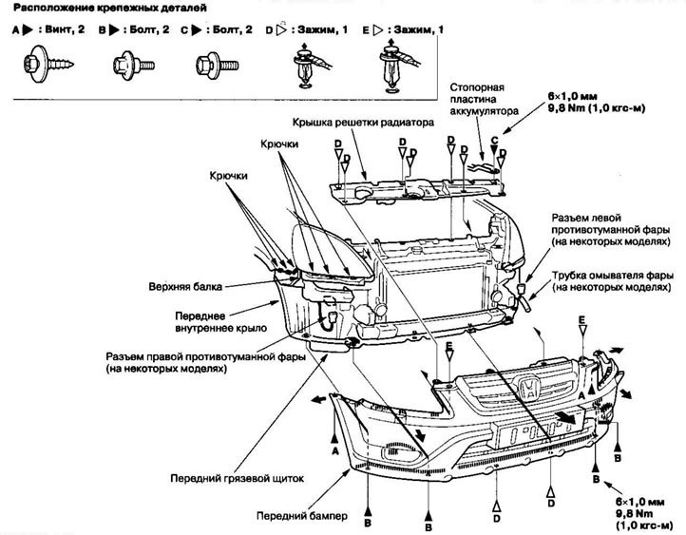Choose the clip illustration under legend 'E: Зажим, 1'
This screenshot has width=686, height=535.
(392, 68)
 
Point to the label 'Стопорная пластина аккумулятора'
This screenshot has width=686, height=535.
(485, 99)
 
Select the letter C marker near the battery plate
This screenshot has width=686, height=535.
(493, 139)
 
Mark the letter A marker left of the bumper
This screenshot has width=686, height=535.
(335, 453)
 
